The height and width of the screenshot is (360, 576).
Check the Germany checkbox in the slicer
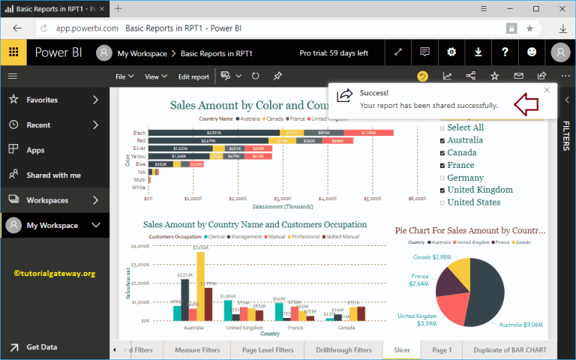(442, 178)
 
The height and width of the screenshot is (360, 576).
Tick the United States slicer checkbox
(442, 202)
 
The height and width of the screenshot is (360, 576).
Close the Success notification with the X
(547, 90)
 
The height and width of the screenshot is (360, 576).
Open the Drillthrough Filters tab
(343, 350)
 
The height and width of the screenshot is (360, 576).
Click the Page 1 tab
(442, 350)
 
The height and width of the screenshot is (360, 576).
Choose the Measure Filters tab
(197, 350)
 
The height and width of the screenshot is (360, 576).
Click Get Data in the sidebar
(41, 347)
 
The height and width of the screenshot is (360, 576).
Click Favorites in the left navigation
(41, 100)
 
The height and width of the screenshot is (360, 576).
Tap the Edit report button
(193, 76)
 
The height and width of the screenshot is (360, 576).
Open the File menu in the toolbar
(124, 76)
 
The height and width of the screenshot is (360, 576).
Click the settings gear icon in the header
(451, 52)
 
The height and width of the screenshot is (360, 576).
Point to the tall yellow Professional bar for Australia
(200, 285)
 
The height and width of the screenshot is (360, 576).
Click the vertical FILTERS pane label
(566, 135)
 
